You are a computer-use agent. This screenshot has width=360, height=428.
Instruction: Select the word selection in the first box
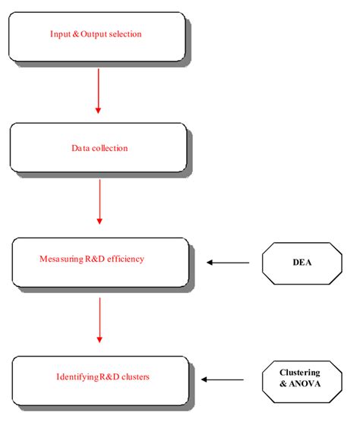tap(124, 34)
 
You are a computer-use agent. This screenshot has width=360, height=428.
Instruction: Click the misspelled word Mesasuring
tap(61, 259)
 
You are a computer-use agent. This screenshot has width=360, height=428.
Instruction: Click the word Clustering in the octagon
tap(299, 373)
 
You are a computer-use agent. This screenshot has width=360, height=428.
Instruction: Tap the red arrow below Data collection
tap(99, 203)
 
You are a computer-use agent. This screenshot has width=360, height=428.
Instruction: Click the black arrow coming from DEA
tap(228, 263)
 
